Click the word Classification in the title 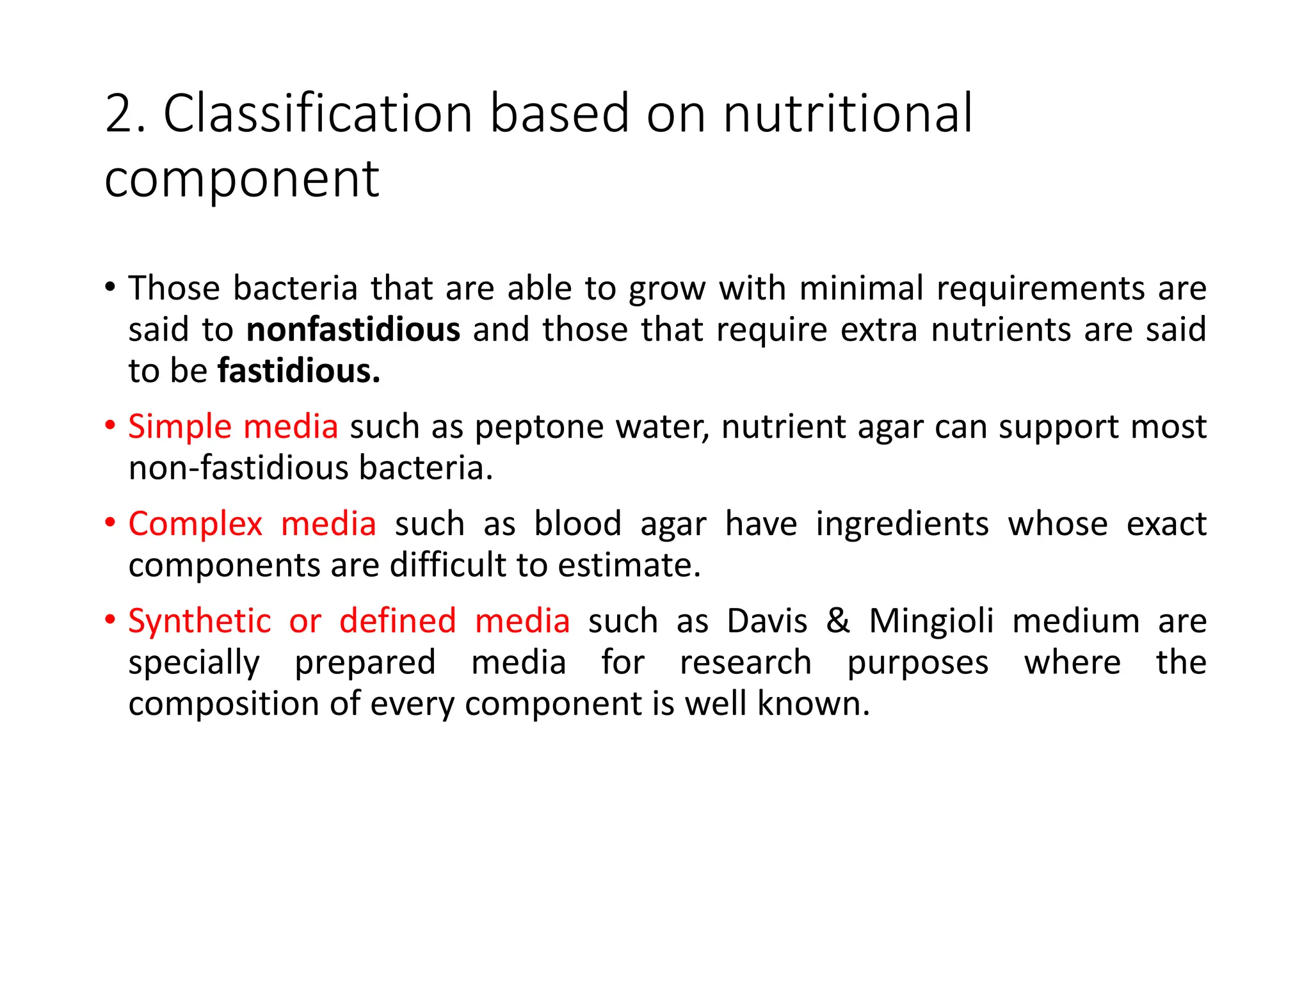[x=318, y=114]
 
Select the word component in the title [x=242, y=180]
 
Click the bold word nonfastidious [x=353, y=330]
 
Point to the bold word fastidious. [x=298, y=371]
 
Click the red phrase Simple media [x=233, y=427]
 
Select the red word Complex [x=195, y=524]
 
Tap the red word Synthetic [x=200, y=621]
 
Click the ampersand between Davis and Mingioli [x=837, y=621]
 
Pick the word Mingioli [x=931, y=621]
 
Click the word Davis [x=767, y=621]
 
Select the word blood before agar [x=577, y=524]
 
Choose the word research [x=745, y=662]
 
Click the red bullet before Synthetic [x=110, y=619]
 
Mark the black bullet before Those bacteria [x=110, y=287]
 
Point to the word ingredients [x=903, y=524]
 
